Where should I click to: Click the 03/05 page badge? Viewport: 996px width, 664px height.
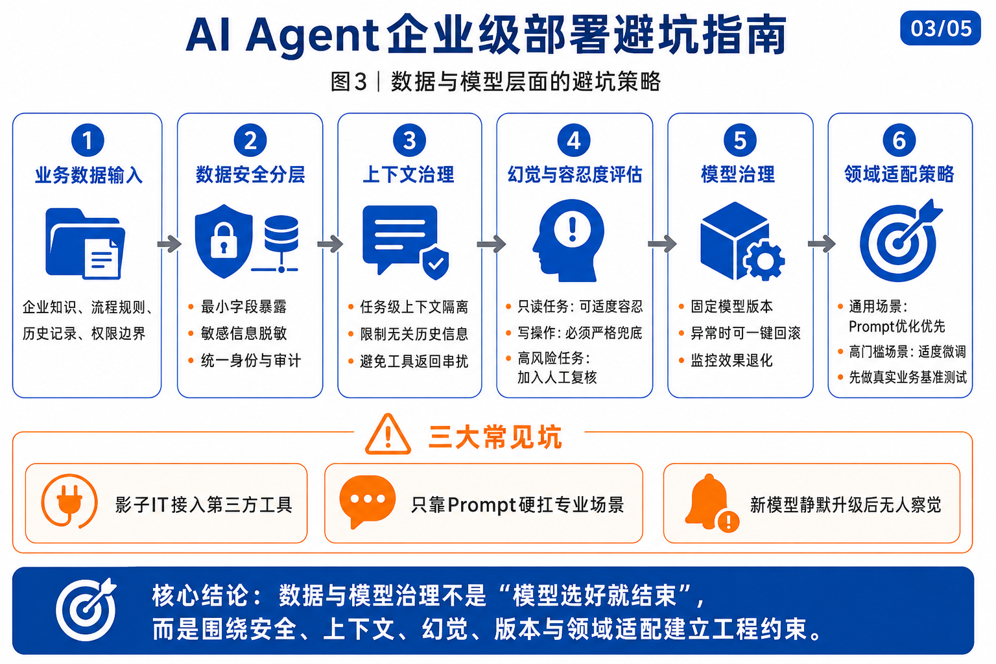pos(940,28)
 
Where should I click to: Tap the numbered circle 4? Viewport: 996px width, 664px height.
pos(574,141)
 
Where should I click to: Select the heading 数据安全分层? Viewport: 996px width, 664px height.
pos(250,174)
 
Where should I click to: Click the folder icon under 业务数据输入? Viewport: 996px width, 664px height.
pos(86,243)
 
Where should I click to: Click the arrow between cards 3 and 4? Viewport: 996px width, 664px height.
pos(492,244)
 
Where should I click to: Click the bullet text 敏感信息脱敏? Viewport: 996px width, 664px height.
pos(244,333)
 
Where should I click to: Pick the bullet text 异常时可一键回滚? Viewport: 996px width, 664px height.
pos(745,333)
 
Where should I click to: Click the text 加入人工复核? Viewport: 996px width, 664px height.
pos(557,377)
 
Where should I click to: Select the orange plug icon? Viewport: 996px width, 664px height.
pos(69,501)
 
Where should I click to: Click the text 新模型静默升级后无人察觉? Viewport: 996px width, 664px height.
pos(846,504)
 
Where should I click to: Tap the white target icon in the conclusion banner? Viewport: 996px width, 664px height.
pos(86,609)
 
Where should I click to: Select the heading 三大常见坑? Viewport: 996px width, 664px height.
pos(495,437)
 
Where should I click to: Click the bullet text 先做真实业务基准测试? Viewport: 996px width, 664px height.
pos(908,377)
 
